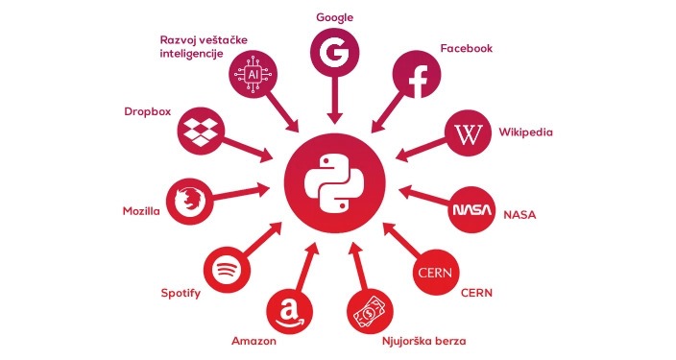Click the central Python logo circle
[x=334, y=183]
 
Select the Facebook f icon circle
[x=417, y=75]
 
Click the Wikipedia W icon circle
[x=469, y=133]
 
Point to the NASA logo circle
[x=471, y=210]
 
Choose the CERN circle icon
[x=435, y=273]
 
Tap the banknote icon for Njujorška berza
[x=370, y=312]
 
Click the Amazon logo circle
[x=289, y=312]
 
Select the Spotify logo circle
[x=227, y=270]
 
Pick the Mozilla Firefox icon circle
[x=190, y=202]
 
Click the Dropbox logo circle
[x=202, y=131]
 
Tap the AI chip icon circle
[x=253, y=75]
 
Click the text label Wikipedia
[x=525, y=132]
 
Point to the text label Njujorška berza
[x=423, y=341]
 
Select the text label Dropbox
[x=148, y=111]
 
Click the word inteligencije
[x=191, y=54]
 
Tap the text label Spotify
[x=181, y=293]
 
